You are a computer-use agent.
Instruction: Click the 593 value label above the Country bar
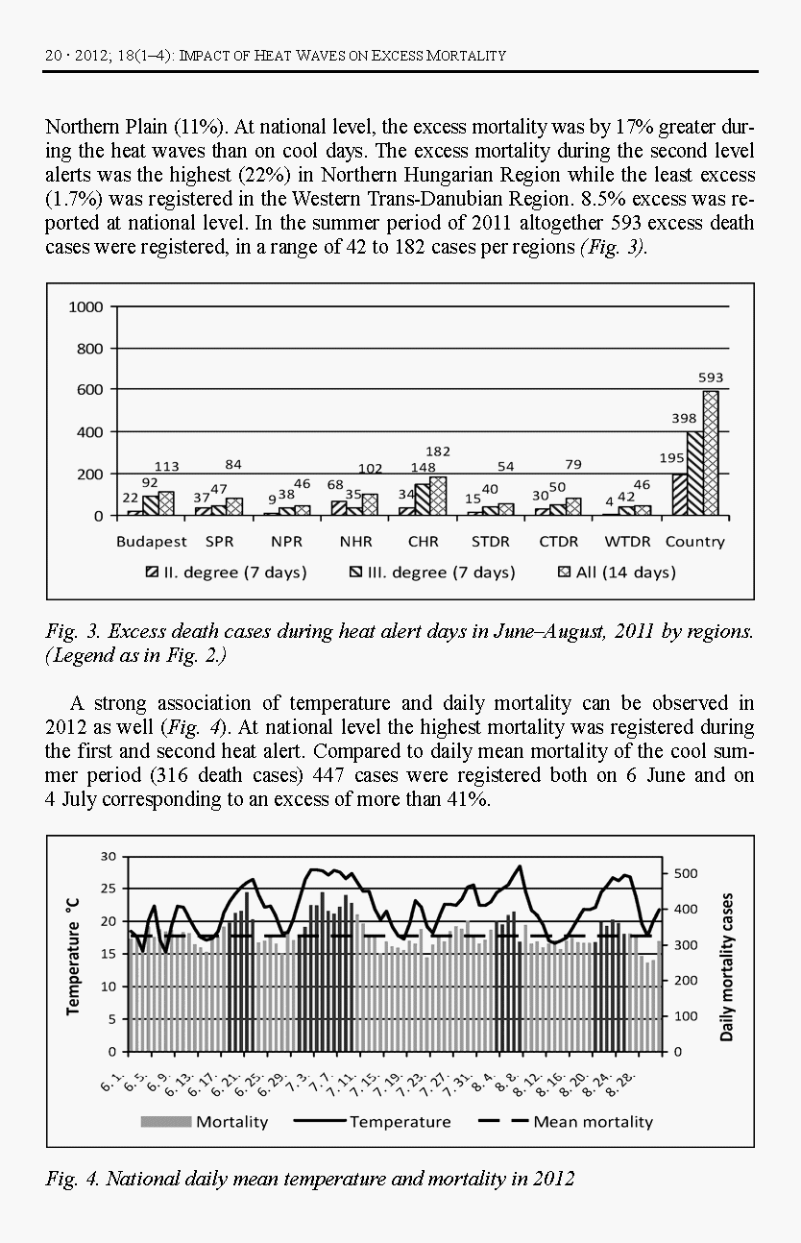point(711,378)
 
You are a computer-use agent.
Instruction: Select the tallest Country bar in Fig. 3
point(711,451)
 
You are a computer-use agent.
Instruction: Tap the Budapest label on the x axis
point(152,542)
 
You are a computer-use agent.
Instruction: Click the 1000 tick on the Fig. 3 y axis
point(85,306)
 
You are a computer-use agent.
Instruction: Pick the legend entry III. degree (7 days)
point(432,573)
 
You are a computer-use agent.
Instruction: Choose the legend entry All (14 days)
point(617,573)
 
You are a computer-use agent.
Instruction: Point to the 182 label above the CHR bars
point(438,451)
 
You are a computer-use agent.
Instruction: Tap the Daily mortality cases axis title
point(726,967)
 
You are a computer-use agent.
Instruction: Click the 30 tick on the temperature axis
point(109,856)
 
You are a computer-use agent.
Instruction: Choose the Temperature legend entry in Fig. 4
point(389,1121)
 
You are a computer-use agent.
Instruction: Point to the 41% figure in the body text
point(469,800)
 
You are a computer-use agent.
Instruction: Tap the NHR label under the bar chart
point(355,542)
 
